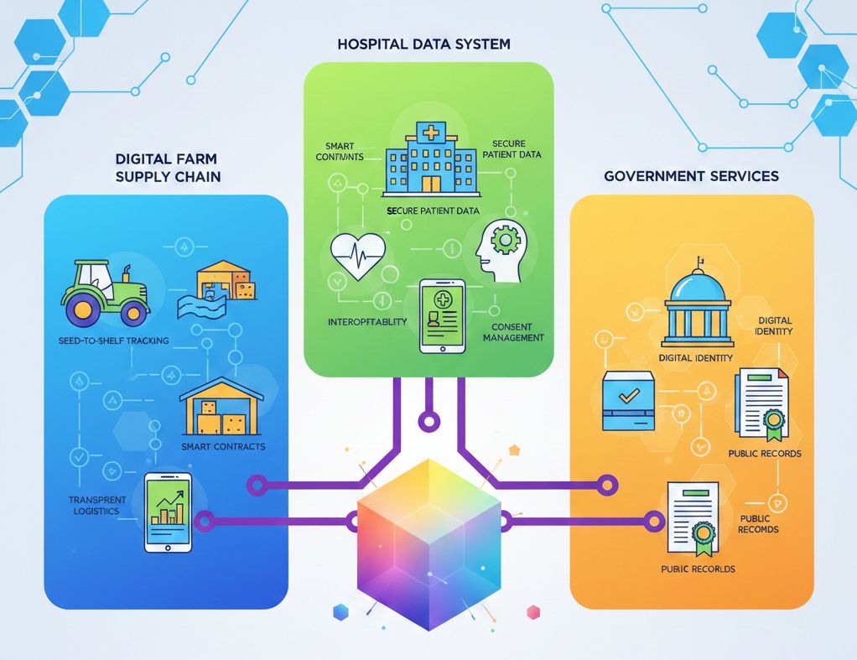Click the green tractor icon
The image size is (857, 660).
[x=105, y=292]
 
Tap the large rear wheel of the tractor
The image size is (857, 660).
[x=130, y=311]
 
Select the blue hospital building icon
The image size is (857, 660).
[x=432, y=159]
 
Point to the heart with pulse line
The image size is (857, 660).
[x=358, y=255]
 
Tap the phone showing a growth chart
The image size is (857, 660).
[x=169, y=512]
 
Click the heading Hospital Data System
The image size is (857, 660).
[x=423, y=44]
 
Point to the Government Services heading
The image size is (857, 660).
[x=691, y=176]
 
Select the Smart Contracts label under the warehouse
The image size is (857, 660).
[x=223, y=446]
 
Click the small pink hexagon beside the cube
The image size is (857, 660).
[x=531, y=611]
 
